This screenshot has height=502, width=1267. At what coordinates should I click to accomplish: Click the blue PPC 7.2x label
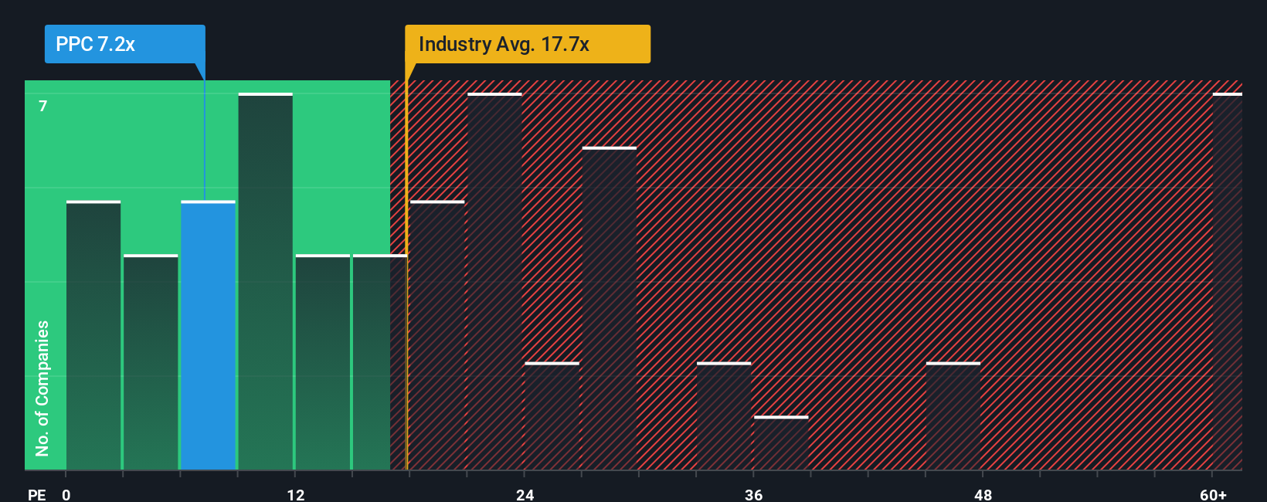124,44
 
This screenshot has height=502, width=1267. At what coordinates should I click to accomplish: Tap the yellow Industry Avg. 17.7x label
527,44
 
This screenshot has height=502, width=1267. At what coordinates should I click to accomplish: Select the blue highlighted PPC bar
208,336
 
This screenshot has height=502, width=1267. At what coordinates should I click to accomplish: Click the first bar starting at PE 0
93,336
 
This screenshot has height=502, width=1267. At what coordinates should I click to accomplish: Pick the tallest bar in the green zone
266,282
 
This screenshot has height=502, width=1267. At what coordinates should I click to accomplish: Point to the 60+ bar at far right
1227,282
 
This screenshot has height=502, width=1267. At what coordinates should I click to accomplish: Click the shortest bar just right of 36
781,443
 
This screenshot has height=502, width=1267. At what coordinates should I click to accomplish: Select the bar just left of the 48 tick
953,416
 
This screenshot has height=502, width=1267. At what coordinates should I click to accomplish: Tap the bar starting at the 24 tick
552,416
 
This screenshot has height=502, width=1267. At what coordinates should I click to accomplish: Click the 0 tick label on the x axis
66,495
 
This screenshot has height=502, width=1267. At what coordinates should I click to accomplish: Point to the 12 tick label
295,495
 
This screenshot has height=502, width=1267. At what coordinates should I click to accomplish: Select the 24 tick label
525,495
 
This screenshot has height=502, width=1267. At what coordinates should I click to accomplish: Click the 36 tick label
753,495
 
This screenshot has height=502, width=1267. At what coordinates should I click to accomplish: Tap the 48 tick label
983,495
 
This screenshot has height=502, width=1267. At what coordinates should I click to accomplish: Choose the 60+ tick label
1213,495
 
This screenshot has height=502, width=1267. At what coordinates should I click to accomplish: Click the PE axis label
36,495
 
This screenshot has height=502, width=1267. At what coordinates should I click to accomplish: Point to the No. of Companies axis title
42,388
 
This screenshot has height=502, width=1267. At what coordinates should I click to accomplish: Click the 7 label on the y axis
43,106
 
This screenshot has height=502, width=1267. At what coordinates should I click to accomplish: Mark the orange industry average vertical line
406,309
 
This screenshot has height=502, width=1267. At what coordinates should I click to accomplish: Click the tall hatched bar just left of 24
494,282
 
